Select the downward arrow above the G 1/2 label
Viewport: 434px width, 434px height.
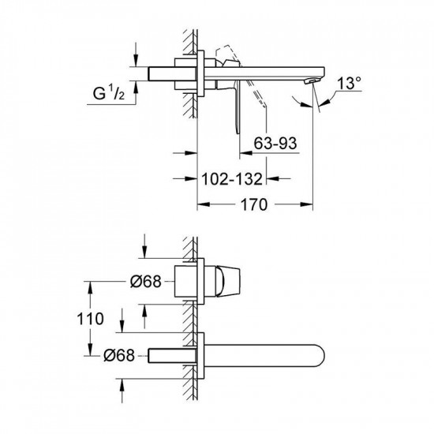(137, 59)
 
